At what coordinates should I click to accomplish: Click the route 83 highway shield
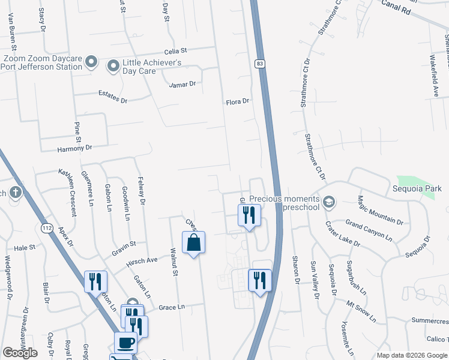259,63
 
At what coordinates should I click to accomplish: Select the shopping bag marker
193,243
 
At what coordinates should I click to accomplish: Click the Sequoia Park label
421,188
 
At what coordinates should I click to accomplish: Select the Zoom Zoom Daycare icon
91,62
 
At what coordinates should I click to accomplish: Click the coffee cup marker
125,343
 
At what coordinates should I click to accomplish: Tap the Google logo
20,353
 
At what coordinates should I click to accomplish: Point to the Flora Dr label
237,102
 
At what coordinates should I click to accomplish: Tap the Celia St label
176,51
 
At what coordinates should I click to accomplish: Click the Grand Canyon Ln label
369,230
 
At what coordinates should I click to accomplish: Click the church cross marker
15,193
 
